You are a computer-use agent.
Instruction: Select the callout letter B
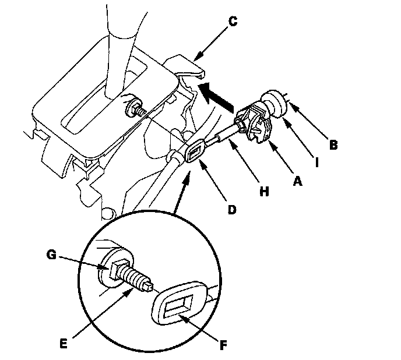pyautogui.click(x=333, y=146)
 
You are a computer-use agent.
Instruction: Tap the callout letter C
pyautogui.click(x=233, y=22)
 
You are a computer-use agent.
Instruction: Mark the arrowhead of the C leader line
pyautogui.click(x=195, y=61)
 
